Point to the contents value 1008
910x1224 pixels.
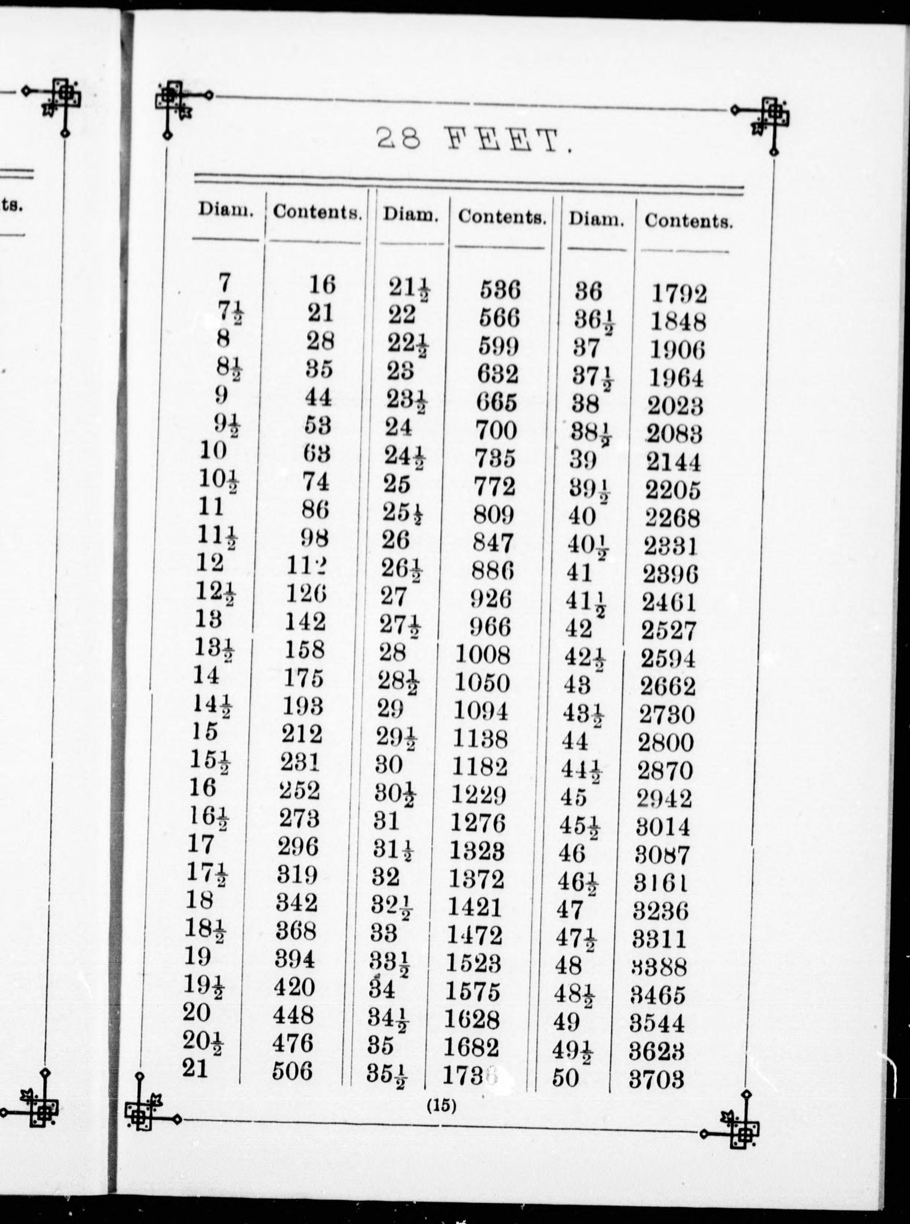483,654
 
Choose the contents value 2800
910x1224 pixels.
666,743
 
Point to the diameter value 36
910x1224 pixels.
588,291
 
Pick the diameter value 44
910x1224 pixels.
575,741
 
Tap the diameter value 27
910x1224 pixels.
393,596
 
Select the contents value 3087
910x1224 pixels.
661,855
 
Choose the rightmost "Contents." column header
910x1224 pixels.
688,221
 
